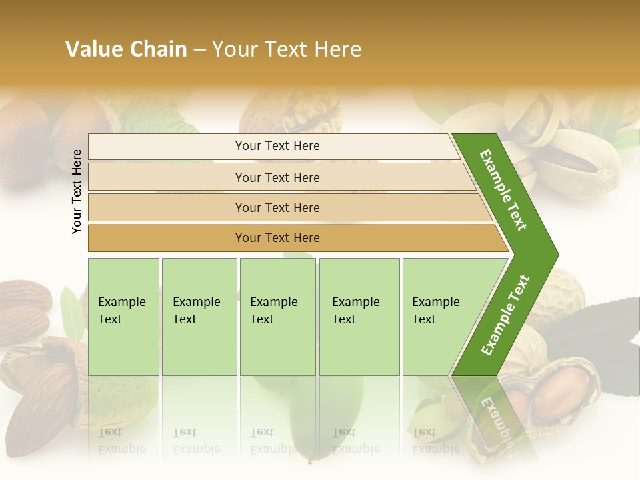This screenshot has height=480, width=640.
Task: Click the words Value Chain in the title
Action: point(126,49)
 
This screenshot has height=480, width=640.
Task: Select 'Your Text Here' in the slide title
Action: point(287,49)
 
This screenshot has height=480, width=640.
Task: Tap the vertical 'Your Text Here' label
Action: point(77,191)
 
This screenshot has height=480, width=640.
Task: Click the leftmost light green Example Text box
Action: point(123,317)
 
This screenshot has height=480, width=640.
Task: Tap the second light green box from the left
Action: point(199,317)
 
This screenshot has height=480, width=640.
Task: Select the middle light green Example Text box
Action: point(277,317)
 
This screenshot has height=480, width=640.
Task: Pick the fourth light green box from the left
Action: point(359,317)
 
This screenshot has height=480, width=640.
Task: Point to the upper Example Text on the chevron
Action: point(503,190)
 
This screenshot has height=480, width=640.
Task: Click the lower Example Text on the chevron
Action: point(505,315)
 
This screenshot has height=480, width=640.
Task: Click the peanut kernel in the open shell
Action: point(563,393)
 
